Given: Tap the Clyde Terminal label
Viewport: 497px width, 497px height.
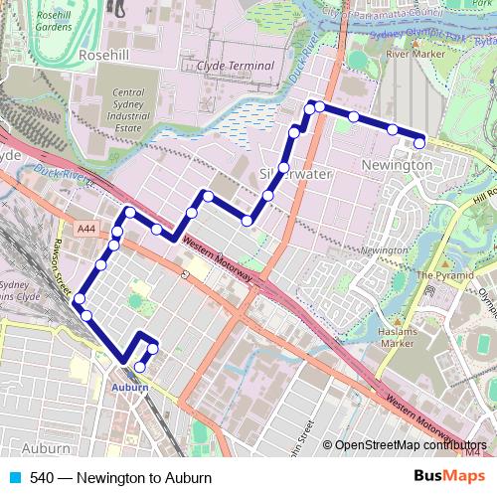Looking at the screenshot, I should click(235, 65).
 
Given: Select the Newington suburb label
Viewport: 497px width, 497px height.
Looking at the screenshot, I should click(399, 162).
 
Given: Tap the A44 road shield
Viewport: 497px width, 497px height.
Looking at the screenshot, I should click(87, 229).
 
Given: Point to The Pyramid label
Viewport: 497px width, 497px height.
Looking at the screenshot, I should click(441, 275).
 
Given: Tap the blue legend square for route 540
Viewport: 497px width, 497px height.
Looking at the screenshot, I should click(15, 476).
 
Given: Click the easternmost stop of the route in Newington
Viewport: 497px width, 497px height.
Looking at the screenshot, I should click(419, 143).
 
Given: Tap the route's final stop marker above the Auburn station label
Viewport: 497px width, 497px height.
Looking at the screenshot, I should click(139, 367).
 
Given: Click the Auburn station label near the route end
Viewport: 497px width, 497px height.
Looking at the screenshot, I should click(130, 386).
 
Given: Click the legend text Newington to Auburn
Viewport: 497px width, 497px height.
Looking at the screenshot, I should click(122, 476).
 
